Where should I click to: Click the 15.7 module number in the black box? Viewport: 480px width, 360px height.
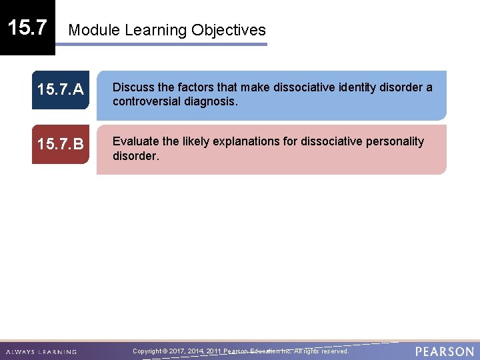[x=27, y=27]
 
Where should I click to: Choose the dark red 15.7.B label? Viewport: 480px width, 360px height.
[x=60, y=144]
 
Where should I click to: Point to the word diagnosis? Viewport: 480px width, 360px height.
[x=213, y=102]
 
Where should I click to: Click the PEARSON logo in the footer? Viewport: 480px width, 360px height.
[x=444, y=351]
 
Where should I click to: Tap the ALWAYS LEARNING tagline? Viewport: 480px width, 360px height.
[x=41, y=352]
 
